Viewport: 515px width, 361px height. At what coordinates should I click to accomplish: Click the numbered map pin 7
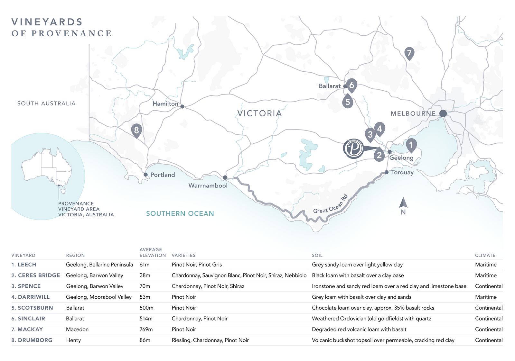pyautogui.click(x=409, y=53)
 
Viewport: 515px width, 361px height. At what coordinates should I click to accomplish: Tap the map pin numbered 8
pyautogui.click(x=136, y=130)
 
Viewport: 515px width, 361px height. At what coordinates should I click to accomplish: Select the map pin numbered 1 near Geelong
pyautogui.click(x=411, y=145)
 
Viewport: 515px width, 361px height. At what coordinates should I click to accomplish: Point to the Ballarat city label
pyautogui.click(x=329, y=86)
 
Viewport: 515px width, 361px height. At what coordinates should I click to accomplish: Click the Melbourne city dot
pyautogui.click(x=443, y=113)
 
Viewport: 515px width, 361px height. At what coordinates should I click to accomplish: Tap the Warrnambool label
pyautogui.click(x=208, y=185)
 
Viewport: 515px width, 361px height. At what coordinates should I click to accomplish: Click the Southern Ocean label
pyautogui.click(x=180, y=213)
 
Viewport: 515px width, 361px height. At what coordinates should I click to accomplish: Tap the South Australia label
pyautogui.click(x=46, y=104)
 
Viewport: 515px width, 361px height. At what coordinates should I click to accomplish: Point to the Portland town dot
pyautogui.click(x=145, y=175)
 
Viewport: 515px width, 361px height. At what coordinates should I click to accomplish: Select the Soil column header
pyautogui.click(x=317, y=255)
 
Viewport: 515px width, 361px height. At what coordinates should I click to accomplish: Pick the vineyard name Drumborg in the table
pyautogui.click(x=35, y=340)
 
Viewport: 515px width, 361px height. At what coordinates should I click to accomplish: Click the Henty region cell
pyautogui.click(x=73, y=340)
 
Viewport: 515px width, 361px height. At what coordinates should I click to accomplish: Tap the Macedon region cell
pyautogui.click(x=77, y=329)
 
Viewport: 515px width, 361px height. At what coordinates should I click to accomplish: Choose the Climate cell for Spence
pyautogui.click(x=489, y=286)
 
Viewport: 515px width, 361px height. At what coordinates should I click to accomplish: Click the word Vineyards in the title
pyautogui.click(x=47, y=22)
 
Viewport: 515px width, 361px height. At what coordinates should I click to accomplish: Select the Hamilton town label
pyautogui.click(x=165, y=104)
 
